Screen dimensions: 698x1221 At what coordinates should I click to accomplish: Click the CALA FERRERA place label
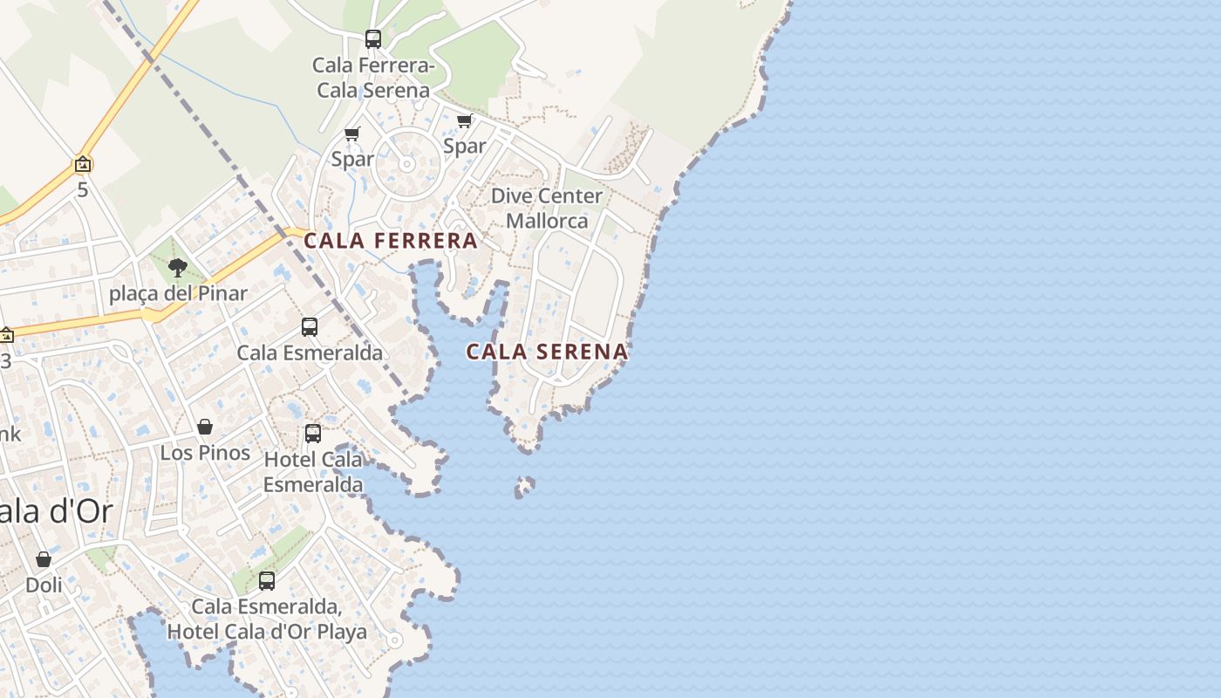click(391, 241)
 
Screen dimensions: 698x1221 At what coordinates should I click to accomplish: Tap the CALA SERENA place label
click(547, 352)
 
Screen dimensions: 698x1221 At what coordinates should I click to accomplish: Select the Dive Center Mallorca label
click(547, 209)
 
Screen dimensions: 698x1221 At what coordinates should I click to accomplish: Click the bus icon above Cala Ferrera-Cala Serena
click(373, 39)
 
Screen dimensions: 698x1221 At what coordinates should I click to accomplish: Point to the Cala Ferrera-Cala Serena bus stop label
click(373, 78)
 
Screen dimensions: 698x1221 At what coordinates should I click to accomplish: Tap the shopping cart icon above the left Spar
click(352, 133)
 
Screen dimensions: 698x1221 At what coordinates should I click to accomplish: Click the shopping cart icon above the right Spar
click(465, 120)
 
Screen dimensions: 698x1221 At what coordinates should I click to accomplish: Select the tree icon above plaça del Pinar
click(178, 267)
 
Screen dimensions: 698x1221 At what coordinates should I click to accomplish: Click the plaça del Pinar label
click(178, 293)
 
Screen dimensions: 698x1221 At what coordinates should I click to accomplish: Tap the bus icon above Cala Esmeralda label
click(310, 327)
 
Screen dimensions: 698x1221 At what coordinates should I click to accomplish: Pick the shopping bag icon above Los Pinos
click(205, 427)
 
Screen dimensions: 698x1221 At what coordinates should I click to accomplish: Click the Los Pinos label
click(205, 453)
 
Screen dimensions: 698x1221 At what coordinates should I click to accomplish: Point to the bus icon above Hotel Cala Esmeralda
click(313, 433)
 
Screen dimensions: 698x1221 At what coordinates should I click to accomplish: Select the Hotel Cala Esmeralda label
click(313, 471)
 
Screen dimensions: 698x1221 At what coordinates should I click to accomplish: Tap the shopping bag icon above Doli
click(44, 559)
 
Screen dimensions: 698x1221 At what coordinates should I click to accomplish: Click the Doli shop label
click(44, 585)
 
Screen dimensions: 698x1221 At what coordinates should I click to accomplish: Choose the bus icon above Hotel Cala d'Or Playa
click(267, 580)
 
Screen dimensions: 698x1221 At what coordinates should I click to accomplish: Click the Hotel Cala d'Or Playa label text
click(267, 632)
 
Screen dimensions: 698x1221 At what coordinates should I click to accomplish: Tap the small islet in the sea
click(524, 486)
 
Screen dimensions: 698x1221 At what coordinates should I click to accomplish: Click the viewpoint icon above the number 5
click(83, 164)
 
